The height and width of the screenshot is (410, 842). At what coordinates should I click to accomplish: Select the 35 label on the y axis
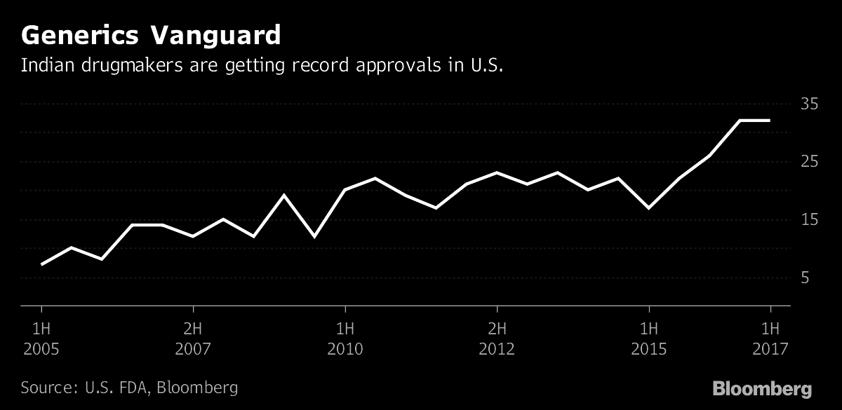coord(810,104)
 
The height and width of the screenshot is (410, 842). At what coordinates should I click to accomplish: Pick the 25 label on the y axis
coord(810,163)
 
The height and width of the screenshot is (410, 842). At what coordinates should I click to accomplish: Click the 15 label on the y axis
coord(810,221)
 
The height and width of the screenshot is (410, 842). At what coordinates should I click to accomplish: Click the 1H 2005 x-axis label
coord(41,338)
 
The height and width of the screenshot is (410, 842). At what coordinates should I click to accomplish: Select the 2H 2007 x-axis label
coord(193,338)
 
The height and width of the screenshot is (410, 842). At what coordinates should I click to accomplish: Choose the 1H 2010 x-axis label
coord(345,338)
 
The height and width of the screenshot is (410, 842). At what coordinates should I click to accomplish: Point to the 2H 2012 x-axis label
coord(497,338)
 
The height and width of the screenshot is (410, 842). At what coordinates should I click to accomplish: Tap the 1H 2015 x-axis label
coord(648,338)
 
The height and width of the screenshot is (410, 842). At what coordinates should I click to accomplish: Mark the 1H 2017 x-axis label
coord(770,338)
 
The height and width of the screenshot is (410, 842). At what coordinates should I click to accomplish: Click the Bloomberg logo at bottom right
coord(762,389)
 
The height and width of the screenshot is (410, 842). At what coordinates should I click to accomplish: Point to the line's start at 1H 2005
coord(42,264)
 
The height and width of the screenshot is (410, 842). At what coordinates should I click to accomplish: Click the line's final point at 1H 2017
coord(770,121)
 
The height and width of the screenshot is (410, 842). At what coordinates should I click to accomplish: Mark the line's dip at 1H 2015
coord(649,208)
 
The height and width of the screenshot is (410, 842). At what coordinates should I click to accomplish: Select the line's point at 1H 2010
coord(345,190)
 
